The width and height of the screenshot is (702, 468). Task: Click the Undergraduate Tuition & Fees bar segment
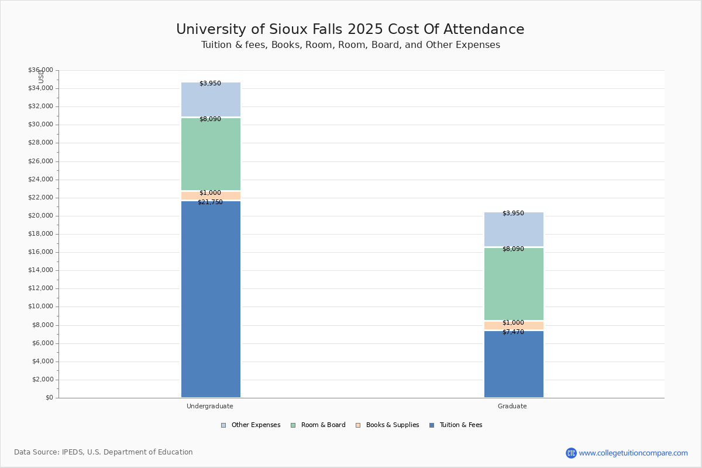coord(211,298)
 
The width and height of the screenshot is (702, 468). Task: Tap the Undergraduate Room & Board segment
coord(211,154)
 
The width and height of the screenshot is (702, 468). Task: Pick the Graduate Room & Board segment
coord(514,284)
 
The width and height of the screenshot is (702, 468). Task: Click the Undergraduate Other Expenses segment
coord(211,99)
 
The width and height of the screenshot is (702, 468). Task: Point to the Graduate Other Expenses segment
coord(514,229)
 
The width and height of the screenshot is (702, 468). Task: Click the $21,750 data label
coord(210,202)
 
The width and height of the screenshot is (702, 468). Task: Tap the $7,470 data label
coord(513,332)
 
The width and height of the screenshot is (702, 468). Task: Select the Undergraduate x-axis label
coord(210,406)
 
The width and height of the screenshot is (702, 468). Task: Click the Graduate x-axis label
coord(512,406)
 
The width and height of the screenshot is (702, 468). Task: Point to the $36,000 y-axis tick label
coord(40,70)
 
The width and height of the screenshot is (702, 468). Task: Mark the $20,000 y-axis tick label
coord(40,216)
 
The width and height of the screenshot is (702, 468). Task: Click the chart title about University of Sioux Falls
coord(350,30)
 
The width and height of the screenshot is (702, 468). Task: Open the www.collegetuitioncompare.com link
coord(633,453)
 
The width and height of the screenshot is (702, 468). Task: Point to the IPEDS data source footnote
coord(104,452)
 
